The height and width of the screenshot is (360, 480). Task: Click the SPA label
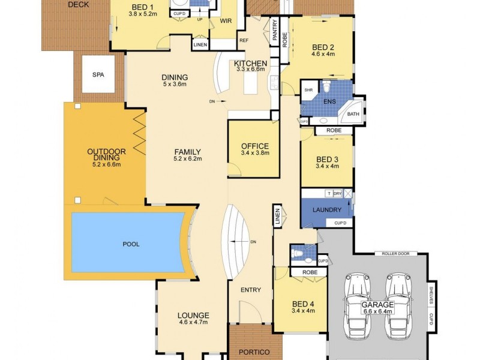click(97, 75)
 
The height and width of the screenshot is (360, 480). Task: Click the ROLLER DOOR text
click(395, 254)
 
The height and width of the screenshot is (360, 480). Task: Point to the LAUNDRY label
click(327, 210)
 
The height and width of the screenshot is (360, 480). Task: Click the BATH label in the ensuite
click(353, 114)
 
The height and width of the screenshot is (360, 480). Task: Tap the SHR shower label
click(308, 90)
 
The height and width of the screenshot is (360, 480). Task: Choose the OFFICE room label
click(254, 146)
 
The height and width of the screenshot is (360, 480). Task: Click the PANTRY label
click(275, 30)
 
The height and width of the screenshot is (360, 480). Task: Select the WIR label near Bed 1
click(226, 20)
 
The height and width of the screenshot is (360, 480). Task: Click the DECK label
click(78, 4)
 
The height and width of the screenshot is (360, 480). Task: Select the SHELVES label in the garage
click(431, 295)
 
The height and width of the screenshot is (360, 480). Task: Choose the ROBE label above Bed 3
click(334, 130)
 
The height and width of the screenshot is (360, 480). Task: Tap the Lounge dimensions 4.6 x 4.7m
click(193, 322)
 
